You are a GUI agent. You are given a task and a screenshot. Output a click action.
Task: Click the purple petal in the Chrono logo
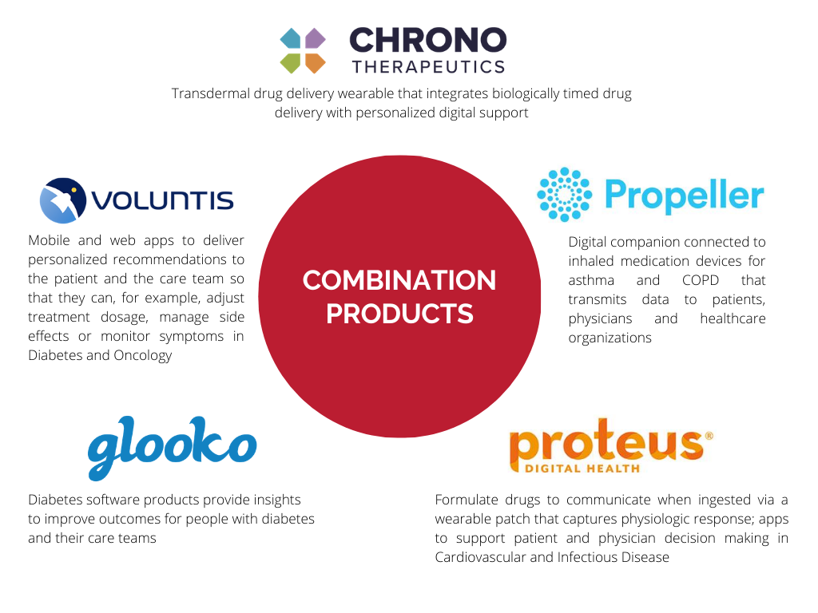(x=315, y=38)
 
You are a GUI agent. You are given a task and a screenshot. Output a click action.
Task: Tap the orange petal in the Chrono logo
(x=315, y=63)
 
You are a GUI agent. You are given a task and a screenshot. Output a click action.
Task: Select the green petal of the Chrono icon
(x=291, y=63)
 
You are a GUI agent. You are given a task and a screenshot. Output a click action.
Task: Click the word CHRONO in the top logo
(x=428, y=40)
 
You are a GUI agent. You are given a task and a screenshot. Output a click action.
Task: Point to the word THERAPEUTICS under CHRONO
(x=429, y=67)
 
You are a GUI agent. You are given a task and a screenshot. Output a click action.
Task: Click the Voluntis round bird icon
(x=63, y=200)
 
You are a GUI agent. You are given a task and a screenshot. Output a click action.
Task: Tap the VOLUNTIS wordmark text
(x=162, y=200)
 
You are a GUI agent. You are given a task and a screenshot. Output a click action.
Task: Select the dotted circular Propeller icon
(x=565, y=195)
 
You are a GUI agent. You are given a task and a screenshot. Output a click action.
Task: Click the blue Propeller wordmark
(x=684, y=196)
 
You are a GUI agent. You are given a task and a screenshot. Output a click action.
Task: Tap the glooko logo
(x=173, y=447)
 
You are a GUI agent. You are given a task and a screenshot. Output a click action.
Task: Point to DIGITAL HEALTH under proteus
(x=582, y=468)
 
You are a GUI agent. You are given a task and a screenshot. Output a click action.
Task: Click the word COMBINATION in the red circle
(x=399, y=280)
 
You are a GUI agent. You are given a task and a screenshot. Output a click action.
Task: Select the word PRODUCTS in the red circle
(x=399, y=313)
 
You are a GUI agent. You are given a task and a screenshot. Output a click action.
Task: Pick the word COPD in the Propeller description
(x=700, y=280)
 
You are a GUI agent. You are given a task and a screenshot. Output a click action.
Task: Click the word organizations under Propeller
(x=610, y=338)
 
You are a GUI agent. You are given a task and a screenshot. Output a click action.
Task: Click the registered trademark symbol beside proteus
(x=709, y=436)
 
